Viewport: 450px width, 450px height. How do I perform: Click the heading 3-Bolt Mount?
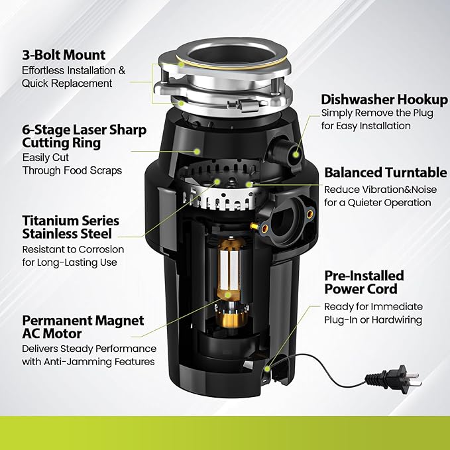coord(63,55)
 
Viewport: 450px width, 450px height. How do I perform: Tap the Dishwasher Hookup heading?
coord(384,99)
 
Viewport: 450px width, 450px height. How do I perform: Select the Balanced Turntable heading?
coord(385,172)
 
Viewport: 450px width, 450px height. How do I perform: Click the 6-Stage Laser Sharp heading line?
coord(84,130)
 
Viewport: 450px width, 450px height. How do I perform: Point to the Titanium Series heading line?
coord(70,220)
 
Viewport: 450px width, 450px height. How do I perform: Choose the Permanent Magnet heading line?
coord(83,320)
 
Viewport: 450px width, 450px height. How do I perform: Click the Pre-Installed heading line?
coord(364,275)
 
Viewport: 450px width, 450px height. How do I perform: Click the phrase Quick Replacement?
coord(67,84)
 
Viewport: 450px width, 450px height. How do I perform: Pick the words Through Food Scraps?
coord(72,170)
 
